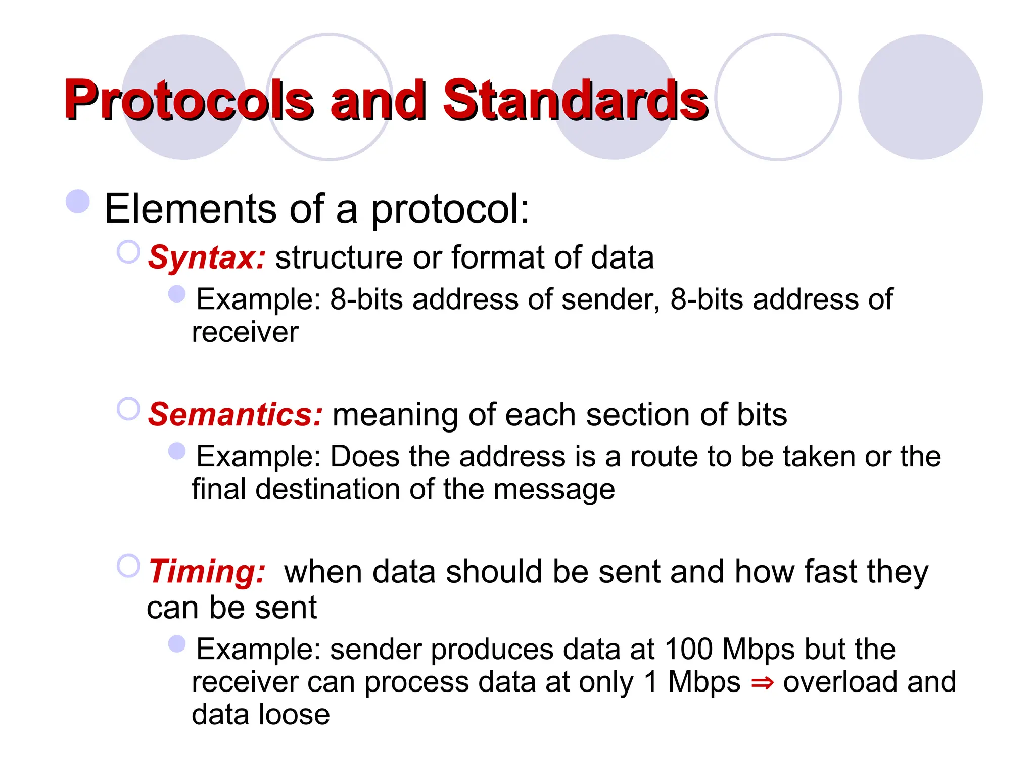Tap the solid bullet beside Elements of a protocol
[x=78, y=201]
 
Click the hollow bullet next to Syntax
[x=128, y=252]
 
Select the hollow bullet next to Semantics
[x=128, y=409]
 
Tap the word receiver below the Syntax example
[x=245, y=332]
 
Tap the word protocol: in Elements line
[x=450, y=209]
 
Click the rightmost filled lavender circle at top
[x=920, y=97]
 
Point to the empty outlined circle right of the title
[x=778, y=97]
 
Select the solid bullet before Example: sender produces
[x=177, y=644]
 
